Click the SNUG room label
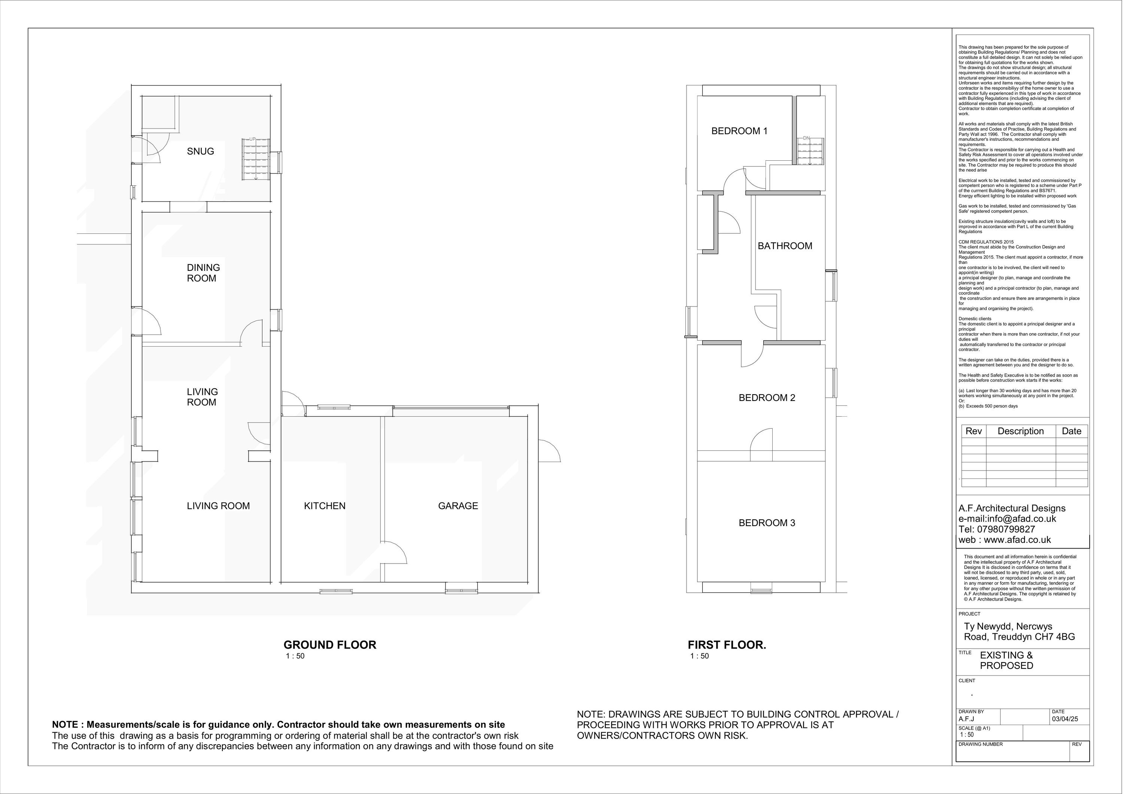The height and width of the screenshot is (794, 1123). click(x=201, y=151)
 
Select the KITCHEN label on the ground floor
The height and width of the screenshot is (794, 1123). click(x=325, y=506)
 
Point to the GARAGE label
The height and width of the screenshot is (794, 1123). click(x=458, y=506)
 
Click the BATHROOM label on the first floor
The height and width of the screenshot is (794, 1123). click(x=785, y=246)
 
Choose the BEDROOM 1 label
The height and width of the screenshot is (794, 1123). click(x=739, y=131)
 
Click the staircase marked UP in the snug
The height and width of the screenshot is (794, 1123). click(x=255, y=160)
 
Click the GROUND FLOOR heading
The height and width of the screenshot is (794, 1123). click(x=330, y=645)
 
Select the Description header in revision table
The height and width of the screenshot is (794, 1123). click(x=1020, y=431)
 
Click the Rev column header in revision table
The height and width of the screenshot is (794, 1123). click(x=973, y=431)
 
